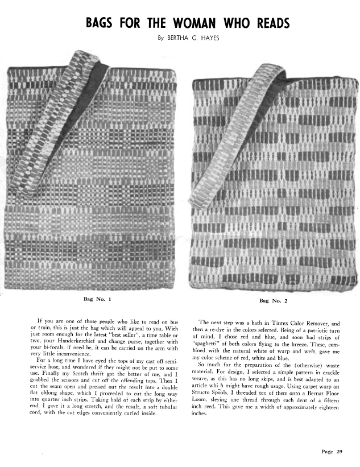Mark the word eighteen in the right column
[333, 410]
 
